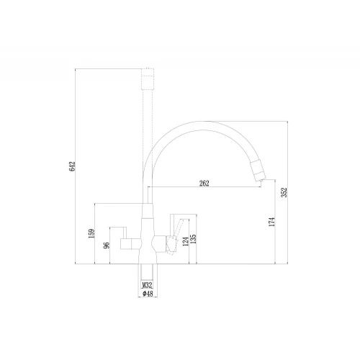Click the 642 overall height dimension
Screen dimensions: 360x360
click(x=72, y=166)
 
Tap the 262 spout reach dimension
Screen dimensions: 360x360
click(x=204, y=184)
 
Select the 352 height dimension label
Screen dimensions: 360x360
click(x=284, y=192)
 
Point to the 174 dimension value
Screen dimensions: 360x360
click(x=271, y=222)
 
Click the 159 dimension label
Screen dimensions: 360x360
click(x=91, y=233)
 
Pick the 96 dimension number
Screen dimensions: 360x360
click(x=107, y=246)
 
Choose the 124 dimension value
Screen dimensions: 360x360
click(x=186, y=242)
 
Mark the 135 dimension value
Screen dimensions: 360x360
click(x=193, y=239)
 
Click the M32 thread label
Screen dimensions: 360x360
click(x=147, y=285)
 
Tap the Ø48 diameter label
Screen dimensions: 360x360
click(x=148, y=294)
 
